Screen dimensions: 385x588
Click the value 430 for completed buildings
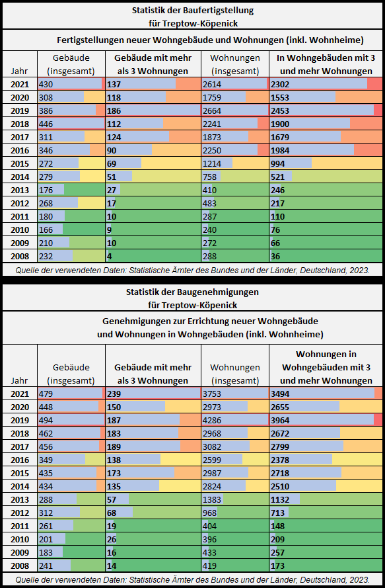(46, 84)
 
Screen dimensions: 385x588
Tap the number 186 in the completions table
(114, 110)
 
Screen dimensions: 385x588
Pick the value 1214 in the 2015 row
(212, 163)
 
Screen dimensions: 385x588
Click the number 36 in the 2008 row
(275, 256)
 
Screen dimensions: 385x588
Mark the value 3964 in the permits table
(280, 420)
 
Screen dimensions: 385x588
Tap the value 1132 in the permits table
(280, 499)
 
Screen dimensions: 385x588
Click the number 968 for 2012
(210, 513)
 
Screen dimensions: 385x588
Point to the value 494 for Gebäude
(46, 420)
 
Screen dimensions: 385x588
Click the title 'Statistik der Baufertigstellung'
(193, 11)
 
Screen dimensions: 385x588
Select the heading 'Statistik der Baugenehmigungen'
(193, 292)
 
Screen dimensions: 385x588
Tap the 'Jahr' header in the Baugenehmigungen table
(19, 380)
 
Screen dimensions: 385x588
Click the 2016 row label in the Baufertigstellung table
(20, 150)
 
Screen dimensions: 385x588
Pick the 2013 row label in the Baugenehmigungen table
(20, 499)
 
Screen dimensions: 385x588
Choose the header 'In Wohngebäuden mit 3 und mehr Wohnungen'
(326, 65)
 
